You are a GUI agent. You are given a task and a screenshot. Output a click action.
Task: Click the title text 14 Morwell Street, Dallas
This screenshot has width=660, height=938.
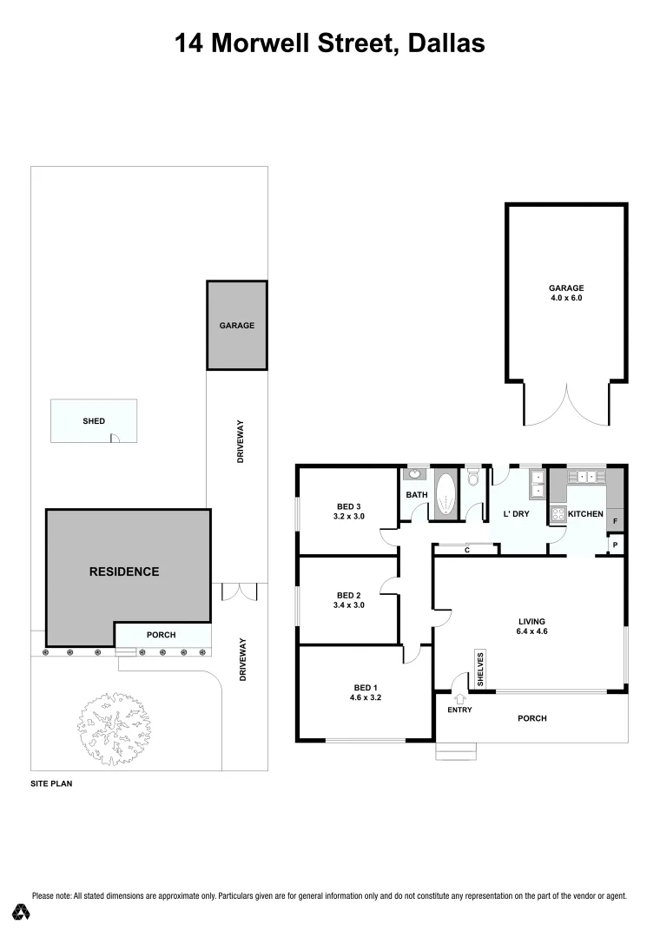pos(330,43)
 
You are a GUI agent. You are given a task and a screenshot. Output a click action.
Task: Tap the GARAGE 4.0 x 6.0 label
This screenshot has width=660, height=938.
pos(565,293)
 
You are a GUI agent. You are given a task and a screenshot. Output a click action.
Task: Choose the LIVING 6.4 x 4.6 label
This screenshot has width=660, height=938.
pos(531,626)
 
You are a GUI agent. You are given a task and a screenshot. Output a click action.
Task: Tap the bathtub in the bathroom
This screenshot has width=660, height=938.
pos(446,497)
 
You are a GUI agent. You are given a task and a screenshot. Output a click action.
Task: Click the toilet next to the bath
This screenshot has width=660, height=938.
pos(473,479)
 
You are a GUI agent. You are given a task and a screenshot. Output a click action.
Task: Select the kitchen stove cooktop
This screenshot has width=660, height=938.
pos(556,515)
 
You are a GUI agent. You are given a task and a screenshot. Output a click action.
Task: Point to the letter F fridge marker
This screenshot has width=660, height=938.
pos(616,522)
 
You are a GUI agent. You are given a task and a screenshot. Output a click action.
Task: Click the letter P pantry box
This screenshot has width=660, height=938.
pos(616,545)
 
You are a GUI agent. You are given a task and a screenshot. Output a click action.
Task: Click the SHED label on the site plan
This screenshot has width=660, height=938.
pos(94,421)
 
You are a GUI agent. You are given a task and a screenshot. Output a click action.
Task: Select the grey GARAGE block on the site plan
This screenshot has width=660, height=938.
pos(236,325)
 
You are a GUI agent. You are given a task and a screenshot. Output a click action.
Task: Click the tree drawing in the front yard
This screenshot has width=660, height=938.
pos(114,728)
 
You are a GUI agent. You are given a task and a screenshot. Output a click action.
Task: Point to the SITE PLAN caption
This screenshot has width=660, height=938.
pos(51,783)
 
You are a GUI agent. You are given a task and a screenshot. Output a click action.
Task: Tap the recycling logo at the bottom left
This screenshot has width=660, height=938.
pos(22,912)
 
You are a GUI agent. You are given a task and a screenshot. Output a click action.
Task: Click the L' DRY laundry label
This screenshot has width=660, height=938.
pos(517,514)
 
